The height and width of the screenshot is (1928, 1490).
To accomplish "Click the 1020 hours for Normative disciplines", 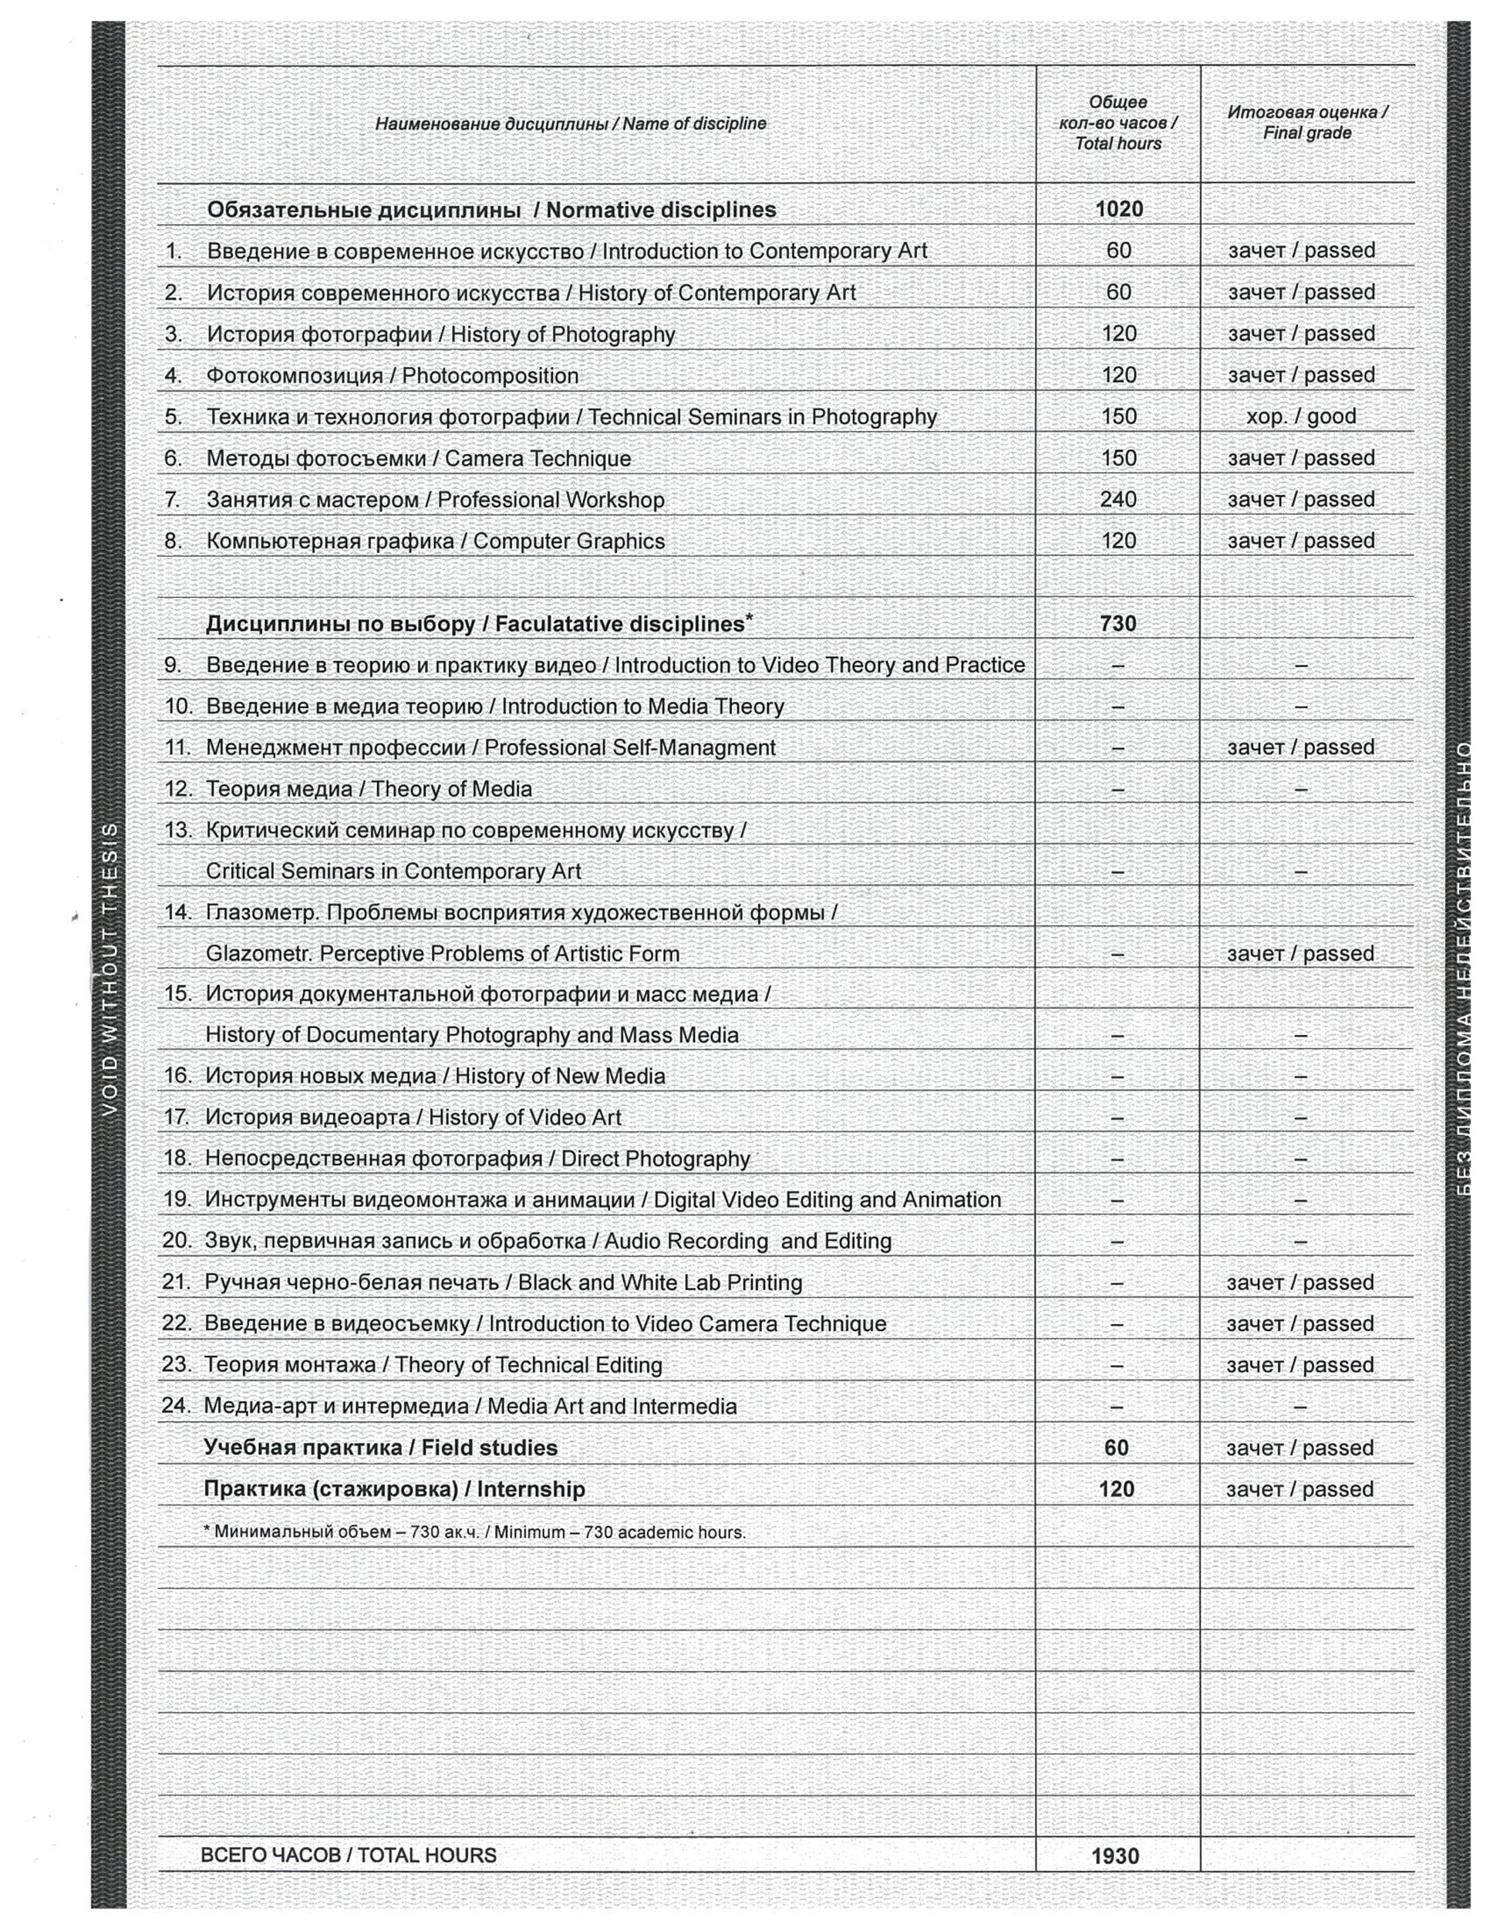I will point(1118,209).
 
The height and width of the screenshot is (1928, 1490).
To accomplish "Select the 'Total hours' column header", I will point(1117,123).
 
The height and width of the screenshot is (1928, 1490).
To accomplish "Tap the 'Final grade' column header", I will point(1306,123).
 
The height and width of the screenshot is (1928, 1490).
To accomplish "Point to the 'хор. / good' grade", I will point(1300,416).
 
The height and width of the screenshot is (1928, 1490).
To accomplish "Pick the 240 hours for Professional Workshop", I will point(1117,500).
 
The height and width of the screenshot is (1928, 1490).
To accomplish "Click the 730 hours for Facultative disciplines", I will point(1117,623).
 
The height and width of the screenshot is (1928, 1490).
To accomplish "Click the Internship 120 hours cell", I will point(1116,1489).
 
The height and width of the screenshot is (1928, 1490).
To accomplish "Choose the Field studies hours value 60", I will point(1116,1448).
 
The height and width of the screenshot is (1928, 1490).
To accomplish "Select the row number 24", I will point(177,1405).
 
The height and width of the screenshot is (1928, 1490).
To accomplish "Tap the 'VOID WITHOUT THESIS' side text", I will point(110,969).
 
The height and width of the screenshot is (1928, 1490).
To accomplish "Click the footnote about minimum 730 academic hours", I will point(475,1532).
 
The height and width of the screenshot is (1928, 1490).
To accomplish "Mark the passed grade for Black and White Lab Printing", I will point(1300,1283).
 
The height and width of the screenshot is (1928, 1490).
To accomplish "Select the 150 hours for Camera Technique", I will point(1118,458).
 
